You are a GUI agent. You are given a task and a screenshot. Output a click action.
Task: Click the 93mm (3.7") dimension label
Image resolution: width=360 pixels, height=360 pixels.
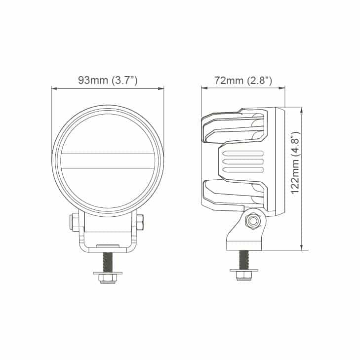(x=108, y=80)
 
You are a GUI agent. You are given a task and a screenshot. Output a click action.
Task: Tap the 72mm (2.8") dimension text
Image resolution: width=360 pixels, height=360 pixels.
(x=243, y=80)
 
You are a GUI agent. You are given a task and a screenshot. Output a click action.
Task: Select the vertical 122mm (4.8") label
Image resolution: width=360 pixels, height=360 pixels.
(x=295, y=163)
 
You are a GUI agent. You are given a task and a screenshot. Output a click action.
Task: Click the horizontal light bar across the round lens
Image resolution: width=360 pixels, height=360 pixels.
(x=108, y=160)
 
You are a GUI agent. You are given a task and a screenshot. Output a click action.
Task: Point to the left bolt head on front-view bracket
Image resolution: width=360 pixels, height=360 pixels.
(x=74, y=222)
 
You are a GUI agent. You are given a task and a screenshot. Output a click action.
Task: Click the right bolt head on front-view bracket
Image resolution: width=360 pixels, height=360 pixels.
(x=140, y=222)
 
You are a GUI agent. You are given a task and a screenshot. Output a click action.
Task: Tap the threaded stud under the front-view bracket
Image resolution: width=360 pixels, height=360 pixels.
(x=108, y=262)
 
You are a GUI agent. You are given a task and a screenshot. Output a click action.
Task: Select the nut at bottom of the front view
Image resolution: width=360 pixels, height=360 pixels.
(x=108, y=278)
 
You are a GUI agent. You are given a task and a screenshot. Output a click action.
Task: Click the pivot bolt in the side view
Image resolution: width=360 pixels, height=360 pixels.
(x=253, y=221)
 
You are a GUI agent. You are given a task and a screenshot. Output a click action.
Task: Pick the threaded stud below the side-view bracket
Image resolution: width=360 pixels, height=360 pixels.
(x=244, y=260)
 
